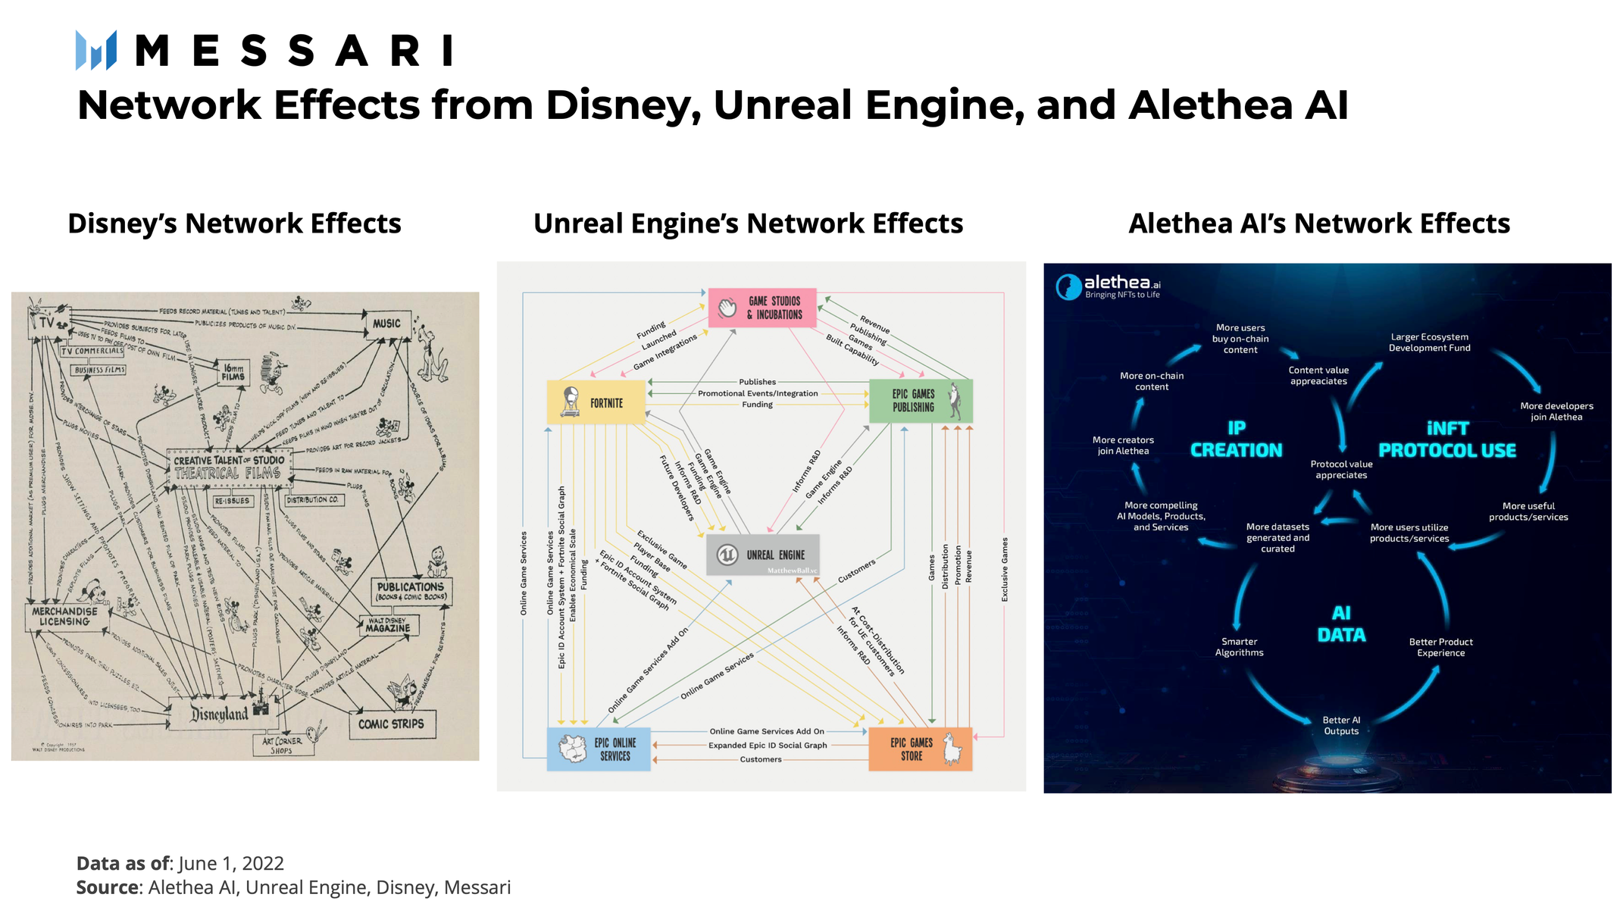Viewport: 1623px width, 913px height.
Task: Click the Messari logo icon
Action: point(96,51)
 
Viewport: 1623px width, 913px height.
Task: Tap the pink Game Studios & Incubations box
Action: point(761,308)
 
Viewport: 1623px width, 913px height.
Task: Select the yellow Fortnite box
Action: point(596,402)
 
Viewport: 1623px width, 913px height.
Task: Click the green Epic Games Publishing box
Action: point(921,401)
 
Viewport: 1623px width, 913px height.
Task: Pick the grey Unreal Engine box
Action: point(762,555)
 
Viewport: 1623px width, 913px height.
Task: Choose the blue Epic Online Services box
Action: point(599,749)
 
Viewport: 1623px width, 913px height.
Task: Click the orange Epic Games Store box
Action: point(920,749)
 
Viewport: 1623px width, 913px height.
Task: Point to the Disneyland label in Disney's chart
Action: point(220,714)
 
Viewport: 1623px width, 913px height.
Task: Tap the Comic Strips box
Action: point(391,724)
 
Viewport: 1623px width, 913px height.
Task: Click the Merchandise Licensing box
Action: point(65,617)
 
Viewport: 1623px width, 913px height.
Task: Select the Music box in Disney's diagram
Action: point(386,324)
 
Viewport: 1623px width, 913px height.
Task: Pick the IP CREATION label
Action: point(1236,439)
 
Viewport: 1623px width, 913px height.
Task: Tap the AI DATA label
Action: point(1341,624)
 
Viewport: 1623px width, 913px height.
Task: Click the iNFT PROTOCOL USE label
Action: point(1447,439)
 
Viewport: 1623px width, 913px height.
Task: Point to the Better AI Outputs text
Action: point(1341,725)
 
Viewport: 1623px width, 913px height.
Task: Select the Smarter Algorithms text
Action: point(1239,647)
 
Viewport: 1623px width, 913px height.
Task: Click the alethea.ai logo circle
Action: point(1068,287)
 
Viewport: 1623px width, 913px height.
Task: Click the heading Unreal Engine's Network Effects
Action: point(748,224)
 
